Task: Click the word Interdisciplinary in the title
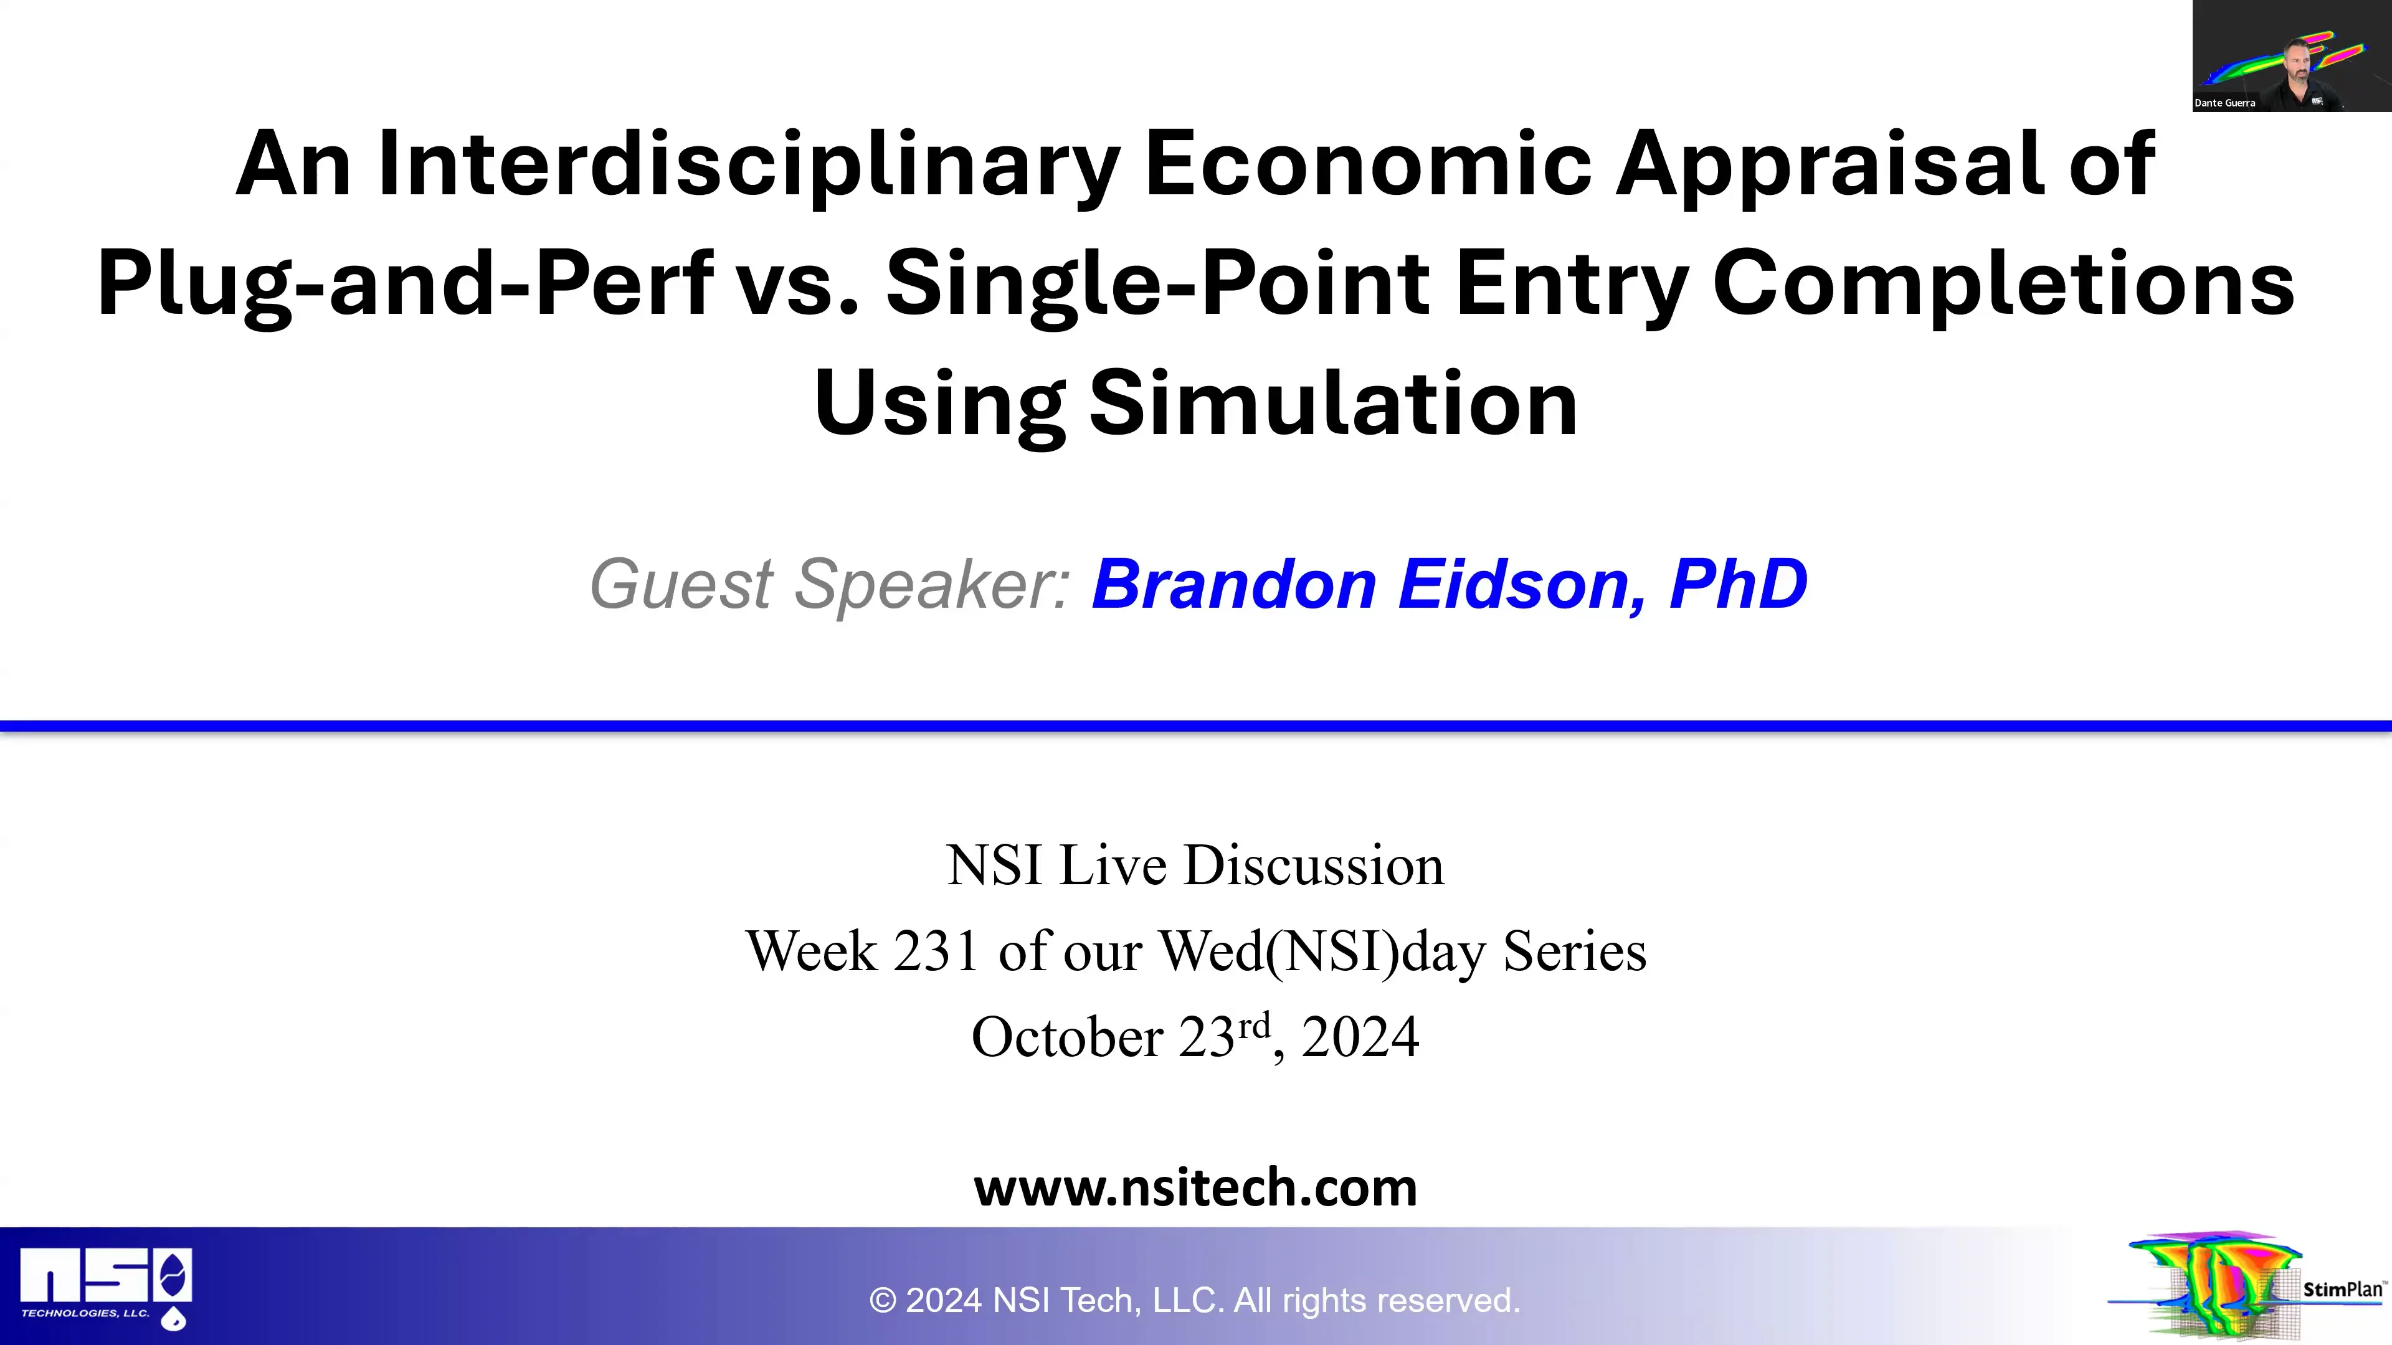coord(747,164)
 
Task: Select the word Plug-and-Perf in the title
coord(405,283)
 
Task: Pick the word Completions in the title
coord(2003,283)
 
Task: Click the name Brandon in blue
coord(1233,585)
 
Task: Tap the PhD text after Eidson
coord(1737,585)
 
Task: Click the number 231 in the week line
coord(936,951)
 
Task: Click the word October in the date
coord(1066,1037)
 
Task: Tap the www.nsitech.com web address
coord(1195,1187)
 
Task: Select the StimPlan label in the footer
coord(2342,1290)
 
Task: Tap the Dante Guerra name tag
coord(2225,103)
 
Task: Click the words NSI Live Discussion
coord(1195,865)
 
